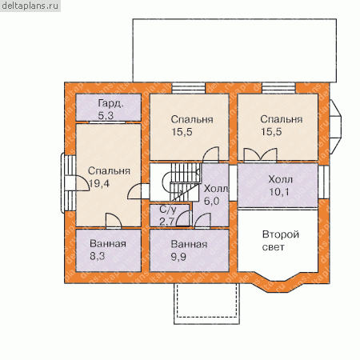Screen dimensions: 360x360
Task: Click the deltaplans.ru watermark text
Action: coord(30,6)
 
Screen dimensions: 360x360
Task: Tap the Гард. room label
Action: coord(111,104)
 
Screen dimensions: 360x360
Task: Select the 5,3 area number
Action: coord(106,115)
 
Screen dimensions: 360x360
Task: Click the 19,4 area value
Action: coord(99,183)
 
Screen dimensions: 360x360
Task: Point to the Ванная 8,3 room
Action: coord(109,250)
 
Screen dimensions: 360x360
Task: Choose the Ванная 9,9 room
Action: coord(189,250)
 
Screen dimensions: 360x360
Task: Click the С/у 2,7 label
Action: coord(168,215)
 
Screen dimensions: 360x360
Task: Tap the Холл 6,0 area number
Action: coord(212,201)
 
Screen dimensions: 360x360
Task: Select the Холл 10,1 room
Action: coord(278,185)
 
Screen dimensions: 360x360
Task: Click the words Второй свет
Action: coord(281,241)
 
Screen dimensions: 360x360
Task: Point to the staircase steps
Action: coord(185,182)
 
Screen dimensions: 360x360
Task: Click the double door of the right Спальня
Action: coord(261,154)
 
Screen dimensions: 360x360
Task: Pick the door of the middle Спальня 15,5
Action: coord(210,154)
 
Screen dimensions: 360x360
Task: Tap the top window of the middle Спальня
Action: coord(189,88)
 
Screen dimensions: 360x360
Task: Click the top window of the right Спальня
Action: coord(278,88)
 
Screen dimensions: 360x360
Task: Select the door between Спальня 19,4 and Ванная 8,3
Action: coord(114,221)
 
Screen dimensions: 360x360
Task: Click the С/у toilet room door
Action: coord(184,218)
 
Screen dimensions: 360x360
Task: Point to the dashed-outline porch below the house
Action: coord(207,304)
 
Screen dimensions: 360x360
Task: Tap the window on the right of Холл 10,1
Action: coord(324,182)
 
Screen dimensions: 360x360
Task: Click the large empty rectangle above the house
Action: coord(234,50)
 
